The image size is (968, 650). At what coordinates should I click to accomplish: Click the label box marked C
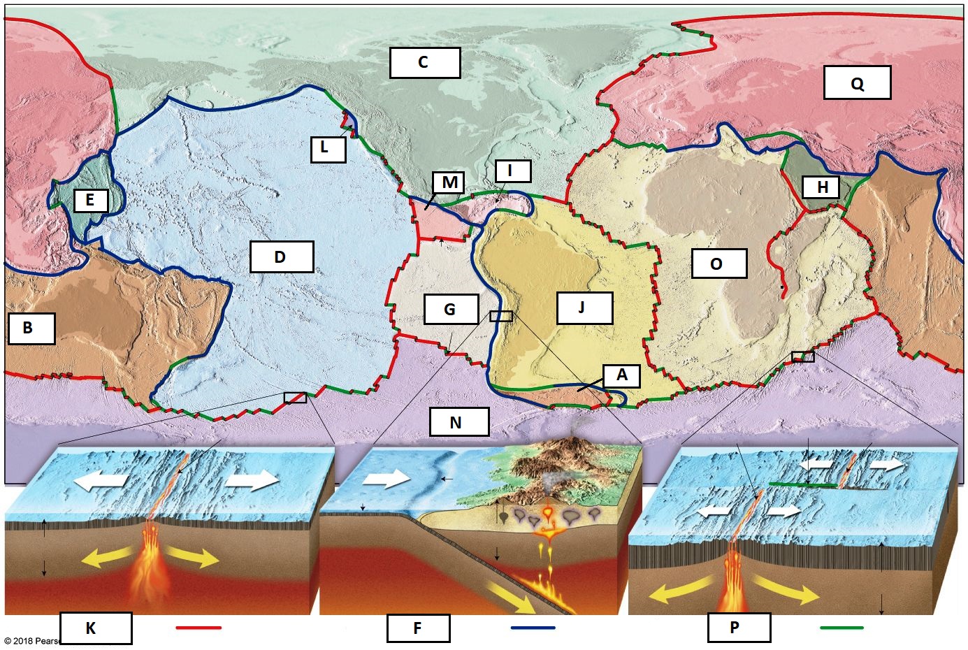tap(425, 63)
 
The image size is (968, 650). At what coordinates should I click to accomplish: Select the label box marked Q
tap(857, 83)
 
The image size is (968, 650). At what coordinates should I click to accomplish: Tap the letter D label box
tap(281, 257)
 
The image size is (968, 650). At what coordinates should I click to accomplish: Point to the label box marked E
tap(90, 201)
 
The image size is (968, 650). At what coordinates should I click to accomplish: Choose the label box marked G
tap(451, 309)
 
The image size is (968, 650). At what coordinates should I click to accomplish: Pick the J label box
tap(584, 308)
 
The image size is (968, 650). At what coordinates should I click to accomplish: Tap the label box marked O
tap(718, 264)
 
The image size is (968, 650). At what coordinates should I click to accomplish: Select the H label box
tap(822, 187)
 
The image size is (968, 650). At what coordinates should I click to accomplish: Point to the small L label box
tap(328, 148)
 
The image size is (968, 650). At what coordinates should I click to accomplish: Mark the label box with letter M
tap(450, 183)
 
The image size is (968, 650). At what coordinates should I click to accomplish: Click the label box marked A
tap(621, 376)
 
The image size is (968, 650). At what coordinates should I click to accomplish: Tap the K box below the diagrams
tap(95, 628)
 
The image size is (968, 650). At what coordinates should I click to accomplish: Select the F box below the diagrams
tap(418, 628)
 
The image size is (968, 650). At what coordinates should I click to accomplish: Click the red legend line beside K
tap(198, 628)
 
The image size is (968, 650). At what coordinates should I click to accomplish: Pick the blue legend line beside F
tap(533, 628)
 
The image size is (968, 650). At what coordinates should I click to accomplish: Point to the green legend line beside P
tap(841, 628)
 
